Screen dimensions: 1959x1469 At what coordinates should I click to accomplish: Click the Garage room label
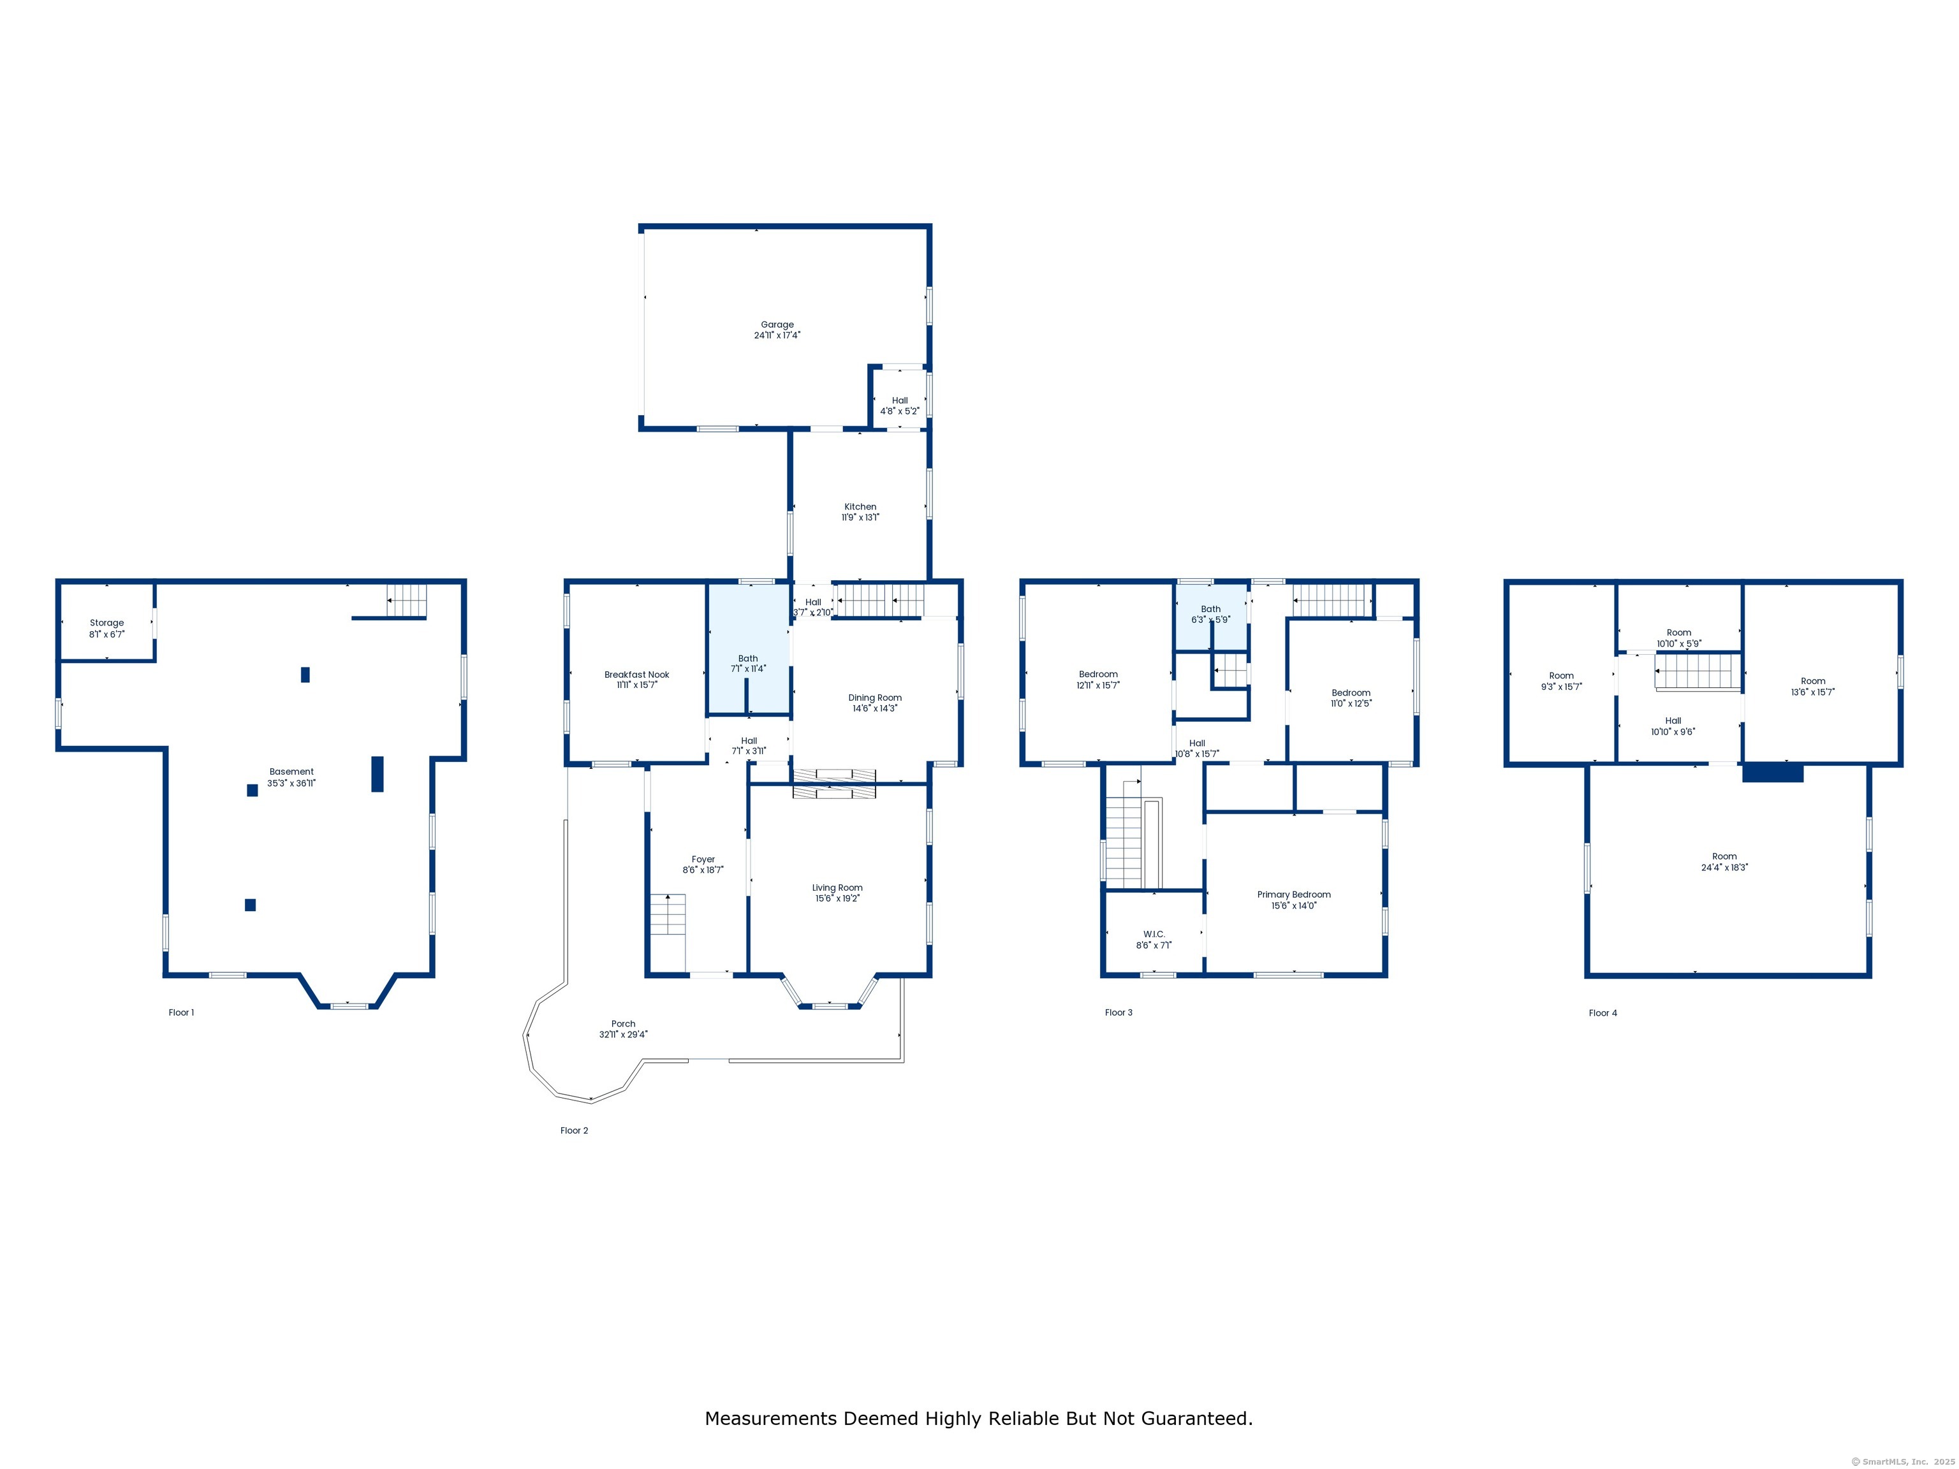click(777, 324)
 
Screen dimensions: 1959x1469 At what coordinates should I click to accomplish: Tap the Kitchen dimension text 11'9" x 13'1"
click(860, 517)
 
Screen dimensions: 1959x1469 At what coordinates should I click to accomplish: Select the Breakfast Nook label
click(637, 675)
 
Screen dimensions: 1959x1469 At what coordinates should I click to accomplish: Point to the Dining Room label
click(875, 698)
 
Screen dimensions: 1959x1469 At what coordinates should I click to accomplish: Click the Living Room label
click(837, 888)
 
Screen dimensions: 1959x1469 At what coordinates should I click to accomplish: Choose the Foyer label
click(703, 859)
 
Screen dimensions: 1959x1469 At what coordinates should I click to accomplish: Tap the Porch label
click(624, 1023)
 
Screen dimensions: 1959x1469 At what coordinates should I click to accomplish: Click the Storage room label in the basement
click(106, 622)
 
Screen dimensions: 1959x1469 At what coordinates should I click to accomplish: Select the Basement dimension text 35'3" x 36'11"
click(291, 783)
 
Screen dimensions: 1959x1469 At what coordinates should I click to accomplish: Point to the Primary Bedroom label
click(1294, 895)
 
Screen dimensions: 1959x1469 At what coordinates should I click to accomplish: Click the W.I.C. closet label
click(1154, 934)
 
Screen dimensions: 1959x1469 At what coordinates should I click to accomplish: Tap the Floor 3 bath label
click(1210, 609)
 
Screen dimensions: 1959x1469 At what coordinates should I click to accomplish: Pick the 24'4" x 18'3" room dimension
click(1724, 868)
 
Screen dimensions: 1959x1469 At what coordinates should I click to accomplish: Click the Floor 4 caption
click(1603, 1013)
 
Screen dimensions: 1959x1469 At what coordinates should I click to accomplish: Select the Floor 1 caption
click(182, 1012)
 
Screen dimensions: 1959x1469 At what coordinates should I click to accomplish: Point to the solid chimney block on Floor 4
click(1773, 772)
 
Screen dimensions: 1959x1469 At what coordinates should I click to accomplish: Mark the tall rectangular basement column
click(378, 774)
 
